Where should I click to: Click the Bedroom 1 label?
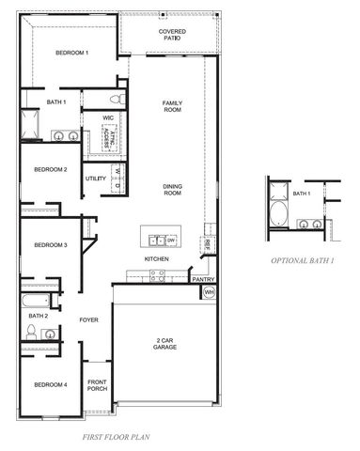pos(71,53)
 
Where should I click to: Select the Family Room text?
pos(172,106)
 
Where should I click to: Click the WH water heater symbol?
pos(208,292)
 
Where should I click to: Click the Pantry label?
pos(203,279)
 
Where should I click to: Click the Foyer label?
pos(88,320)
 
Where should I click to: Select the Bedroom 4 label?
pos(51,384)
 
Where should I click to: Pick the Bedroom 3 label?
pos(51,245)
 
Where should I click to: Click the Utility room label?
pos(96,178)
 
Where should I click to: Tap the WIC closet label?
pos(108,117)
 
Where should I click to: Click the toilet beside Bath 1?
pos(116,99)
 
